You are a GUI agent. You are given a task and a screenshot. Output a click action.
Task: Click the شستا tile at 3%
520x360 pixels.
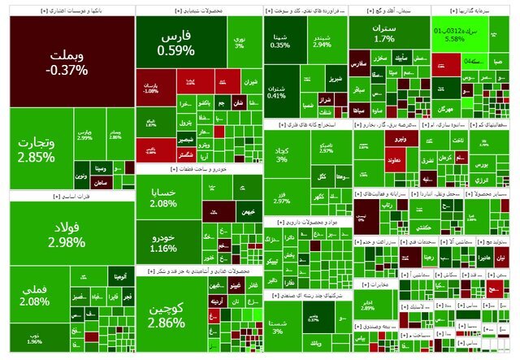tap(278, 325)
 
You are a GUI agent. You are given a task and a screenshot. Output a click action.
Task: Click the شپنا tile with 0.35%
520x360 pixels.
tap(280, 41)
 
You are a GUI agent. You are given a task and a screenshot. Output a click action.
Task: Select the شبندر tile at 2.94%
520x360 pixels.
tap(322, 40)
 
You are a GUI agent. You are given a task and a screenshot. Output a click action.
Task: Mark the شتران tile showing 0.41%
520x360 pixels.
tap(276, 91)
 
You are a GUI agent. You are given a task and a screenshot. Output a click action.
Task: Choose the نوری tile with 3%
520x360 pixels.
tap(240, 41)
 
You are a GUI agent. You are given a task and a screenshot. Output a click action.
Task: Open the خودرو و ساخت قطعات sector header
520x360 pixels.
tap(200, 169)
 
